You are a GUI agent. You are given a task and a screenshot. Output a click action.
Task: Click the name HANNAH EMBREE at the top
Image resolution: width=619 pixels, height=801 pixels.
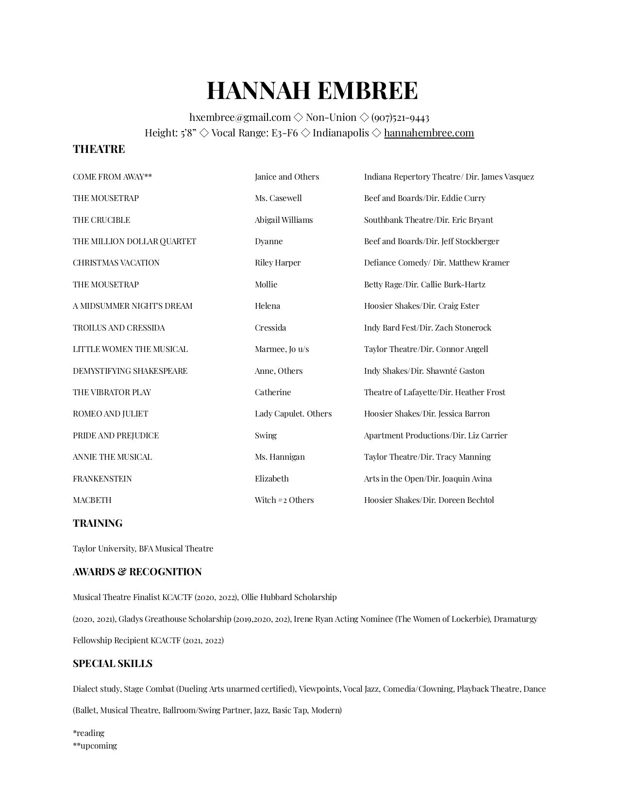point(312,91)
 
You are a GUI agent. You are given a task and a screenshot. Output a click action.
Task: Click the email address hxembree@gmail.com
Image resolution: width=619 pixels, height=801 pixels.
point(240,117)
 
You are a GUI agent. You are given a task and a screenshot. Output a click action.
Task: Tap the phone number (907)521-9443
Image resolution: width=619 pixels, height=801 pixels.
point(400,117)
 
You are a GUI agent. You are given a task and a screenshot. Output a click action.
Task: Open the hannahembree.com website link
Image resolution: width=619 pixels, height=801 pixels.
point(429,133)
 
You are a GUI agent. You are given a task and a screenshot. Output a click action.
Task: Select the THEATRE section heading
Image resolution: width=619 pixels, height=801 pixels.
point(99,149)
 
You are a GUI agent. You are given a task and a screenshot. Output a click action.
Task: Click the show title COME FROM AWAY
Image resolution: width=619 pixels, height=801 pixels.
point(112,177)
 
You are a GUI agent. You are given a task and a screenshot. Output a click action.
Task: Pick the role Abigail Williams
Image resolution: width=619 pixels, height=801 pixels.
point(284,220)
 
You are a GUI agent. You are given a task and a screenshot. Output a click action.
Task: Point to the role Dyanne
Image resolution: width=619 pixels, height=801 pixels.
point(268,241)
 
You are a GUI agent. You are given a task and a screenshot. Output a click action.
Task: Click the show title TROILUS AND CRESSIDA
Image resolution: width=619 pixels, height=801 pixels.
point(119,328)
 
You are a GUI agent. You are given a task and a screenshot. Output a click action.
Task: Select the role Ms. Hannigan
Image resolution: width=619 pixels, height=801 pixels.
point(280,457)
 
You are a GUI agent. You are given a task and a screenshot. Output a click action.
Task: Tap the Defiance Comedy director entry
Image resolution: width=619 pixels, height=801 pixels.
point(436,263)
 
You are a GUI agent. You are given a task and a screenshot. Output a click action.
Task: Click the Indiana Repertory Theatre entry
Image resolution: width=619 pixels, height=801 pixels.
point(449,177)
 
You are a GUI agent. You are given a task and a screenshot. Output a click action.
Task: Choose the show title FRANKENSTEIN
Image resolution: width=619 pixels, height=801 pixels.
point(102,479)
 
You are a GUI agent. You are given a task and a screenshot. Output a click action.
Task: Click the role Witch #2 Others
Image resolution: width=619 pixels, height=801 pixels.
point(284,500)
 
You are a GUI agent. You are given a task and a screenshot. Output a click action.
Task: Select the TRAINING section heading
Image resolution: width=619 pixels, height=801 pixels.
point(98,523)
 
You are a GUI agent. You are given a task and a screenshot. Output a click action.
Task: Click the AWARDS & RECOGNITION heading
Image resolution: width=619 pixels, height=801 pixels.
point(137,572)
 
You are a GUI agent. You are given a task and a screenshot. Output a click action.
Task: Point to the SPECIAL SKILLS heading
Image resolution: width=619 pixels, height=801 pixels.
point(113,664)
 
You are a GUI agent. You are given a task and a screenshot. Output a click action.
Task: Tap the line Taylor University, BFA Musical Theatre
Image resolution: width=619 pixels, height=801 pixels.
point(143,549)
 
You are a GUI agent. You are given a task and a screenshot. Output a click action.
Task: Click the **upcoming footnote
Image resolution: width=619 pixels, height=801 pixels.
point(95,746)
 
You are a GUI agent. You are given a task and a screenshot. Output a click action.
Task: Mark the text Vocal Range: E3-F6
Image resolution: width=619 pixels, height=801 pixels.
point(254,133)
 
